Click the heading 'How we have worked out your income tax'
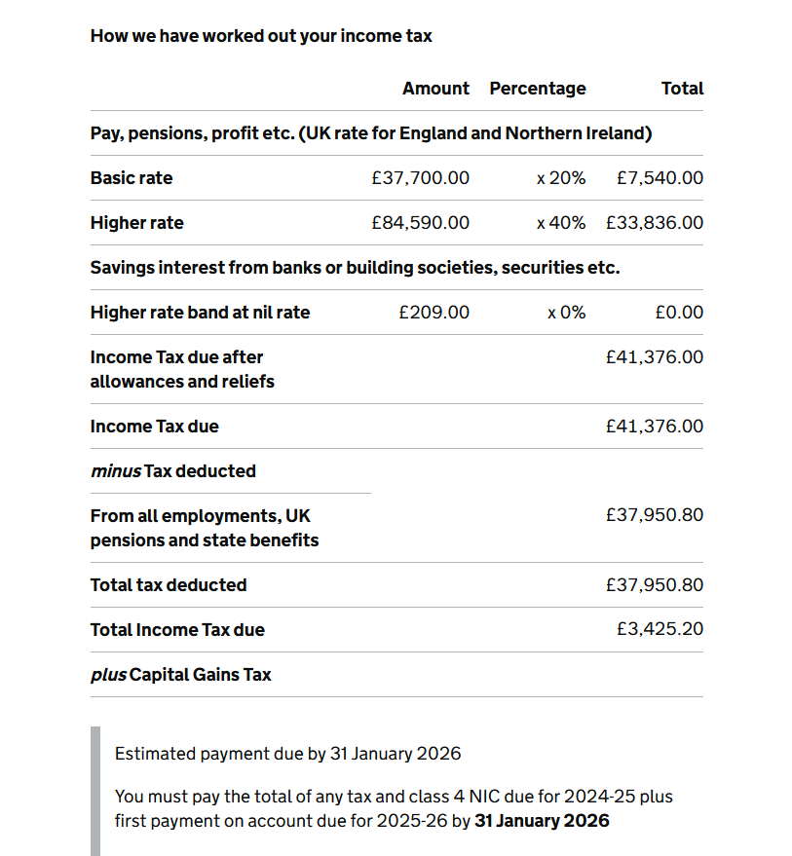pos(261,36)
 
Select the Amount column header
pos(435,89)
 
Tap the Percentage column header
pos(538,89)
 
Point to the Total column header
pos(682,89)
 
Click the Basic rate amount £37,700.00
pos(420,178)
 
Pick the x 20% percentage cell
pos(561,178)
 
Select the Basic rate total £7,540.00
pos(660,178)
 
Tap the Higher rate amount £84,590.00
pos(420,223)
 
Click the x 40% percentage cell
pos(561,223)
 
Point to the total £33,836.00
pos(654,223)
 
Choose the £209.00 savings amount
pos(434,313)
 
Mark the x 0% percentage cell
pos(566,313)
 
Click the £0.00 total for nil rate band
pos(679,313)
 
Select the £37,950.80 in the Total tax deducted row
pos(654,585)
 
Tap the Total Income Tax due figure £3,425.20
pos(660,629)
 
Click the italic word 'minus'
pos(116,471)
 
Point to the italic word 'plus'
pos(108,675)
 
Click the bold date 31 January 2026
pos(542,821)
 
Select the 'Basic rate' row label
pos(132,178)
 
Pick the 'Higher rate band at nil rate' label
pos(200,313)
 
